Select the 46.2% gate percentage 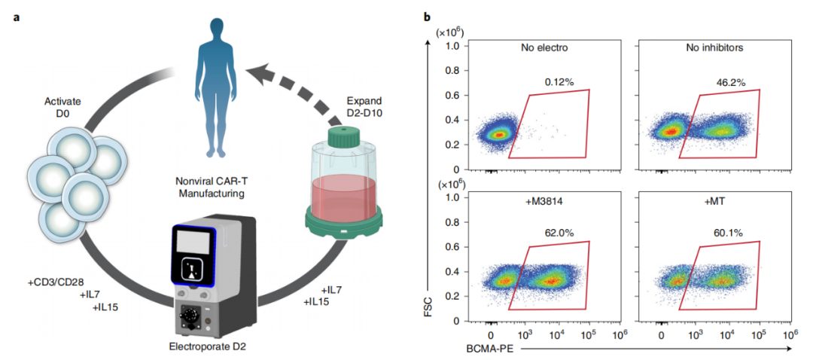pyautogui.click(x=729, y=81)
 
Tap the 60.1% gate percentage pyautogui.click(x=729, y=233)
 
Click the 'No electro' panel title pyautogui.click(x=544, y=48)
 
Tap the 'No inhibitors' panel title pyautogui.click(x=714, y=48)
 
